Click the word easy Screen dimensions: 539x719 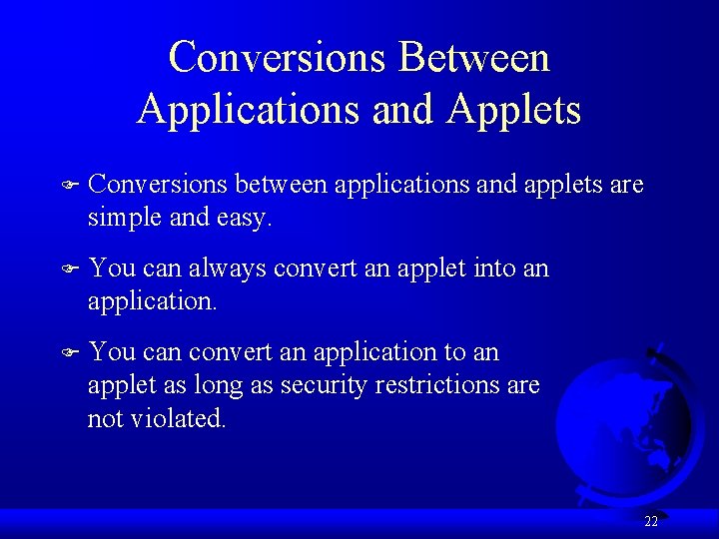[243, 218]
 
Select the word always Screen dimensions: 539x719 [227, 268]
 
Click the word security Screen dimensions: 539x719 [327, 384]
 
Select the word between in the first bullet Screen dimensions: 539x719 [283, 185]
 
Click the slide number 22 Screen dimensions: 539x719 [651, 521]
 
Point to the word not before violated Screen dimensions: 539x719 [105, 418]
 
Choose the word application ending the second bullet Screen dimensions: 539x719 [150, 300]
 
